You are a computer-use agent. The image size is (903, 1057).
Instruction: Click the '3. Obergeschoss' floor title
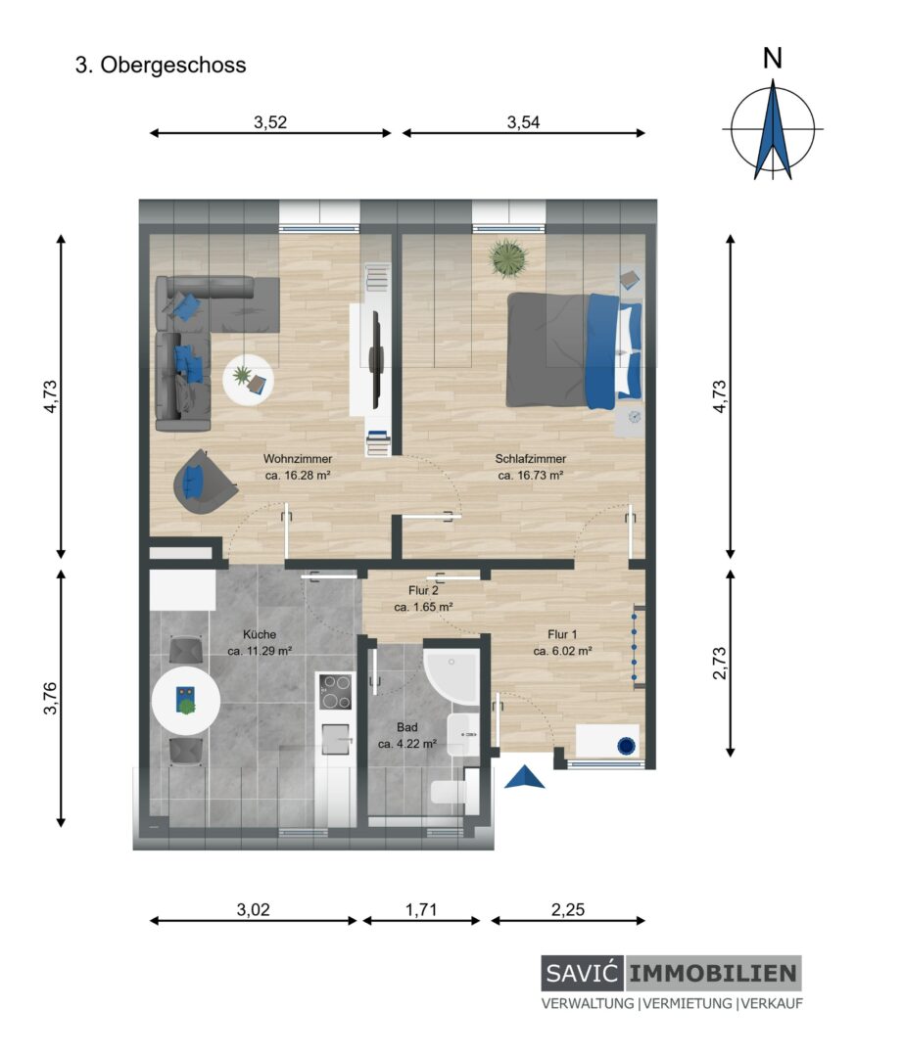161,66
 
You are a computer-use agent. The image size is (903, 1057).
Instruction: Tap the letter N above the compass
772,59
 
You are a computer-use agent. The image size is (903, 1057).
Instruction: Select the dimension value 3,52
270,122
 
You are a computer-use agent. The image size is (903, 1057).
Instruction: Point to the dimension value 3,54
523,122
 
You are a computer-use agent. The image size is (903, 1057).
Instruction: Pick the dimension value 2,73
720,663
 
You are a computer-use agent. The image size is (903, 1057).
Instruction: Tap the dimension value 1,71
421,909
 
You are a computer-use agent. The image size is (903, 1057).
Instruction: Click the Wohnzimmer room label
298,458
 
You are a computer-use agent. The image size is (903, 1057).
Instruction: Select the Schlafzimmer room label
531,458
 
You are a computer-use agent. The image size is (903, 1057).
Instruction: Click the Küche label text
260,634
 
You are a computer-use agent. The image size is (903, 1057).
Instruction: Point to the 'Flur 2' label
423,590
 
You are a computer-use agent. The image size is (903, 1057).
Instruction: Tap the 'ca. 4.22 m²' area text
407,744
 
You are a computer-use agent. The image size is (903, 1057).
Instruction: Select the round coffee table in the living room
248,380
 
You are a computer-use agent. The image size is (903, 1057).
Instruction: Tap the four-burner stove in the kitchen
336,692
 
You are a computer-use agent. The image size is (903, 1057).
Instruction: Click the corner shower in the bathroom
451,678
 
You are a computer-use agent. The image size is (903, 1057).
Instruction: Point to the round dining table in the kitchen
186,701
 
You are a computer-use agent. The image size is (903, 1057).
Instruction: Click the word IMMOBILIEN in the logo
714,973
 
